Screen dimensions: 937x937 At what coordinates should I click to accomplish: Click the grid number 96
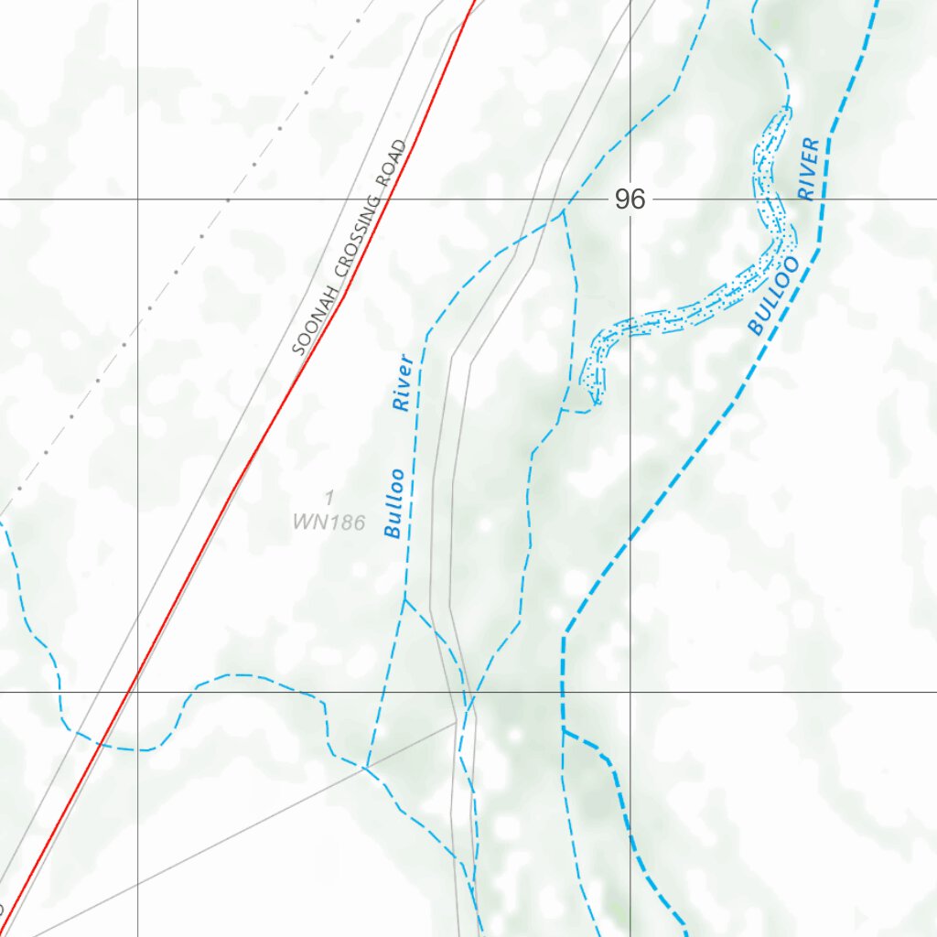[630, 199]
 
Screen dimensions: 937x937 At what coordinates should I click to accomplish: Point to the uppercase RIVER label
[808, 168]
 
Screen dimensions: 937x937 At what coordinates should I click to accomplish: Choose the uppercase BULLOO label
[773, 296]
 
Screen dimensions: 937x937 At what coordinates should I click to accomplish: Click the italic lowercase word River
[404, 382]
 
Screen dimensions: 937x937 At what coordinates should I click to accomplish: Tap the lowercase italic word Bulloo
[395, 502]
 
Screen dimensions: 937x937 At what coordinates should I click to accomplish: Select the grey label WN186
[328, 523]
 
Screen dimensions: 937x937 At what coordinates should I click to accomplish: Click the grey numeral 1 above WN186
[329, 497]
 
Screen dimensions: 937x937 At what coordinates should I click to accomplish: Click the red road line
[238, 485]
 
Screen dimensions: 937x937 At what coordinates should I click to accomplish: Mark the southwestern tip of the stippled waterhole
[596, 400]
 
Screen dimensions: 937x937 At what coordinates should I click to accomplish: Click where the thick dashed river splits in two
[564, 730]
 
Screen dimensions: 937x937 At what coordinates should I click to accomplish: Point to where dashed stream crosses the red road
[103, 738]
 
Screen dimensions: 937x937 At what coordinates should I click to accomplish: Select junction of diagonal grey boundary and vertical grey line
[456, 721]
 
